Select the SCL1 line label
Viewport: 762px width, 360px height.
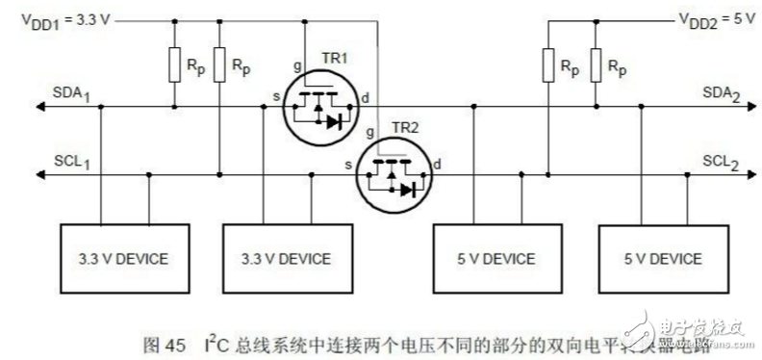click(70, 163)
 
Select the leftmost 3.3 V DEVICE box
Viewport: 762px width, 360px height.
click(123, 258)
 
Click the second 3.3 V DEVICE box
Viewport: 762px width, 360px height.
click(285, 258)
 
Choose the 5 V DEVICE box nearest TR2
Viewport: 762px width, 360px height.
click(495, 258)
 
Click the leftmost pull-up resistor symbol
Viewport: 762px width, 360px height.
click(174, 65)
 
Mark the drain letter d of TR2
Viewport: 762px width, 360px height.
click(438, 165)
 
